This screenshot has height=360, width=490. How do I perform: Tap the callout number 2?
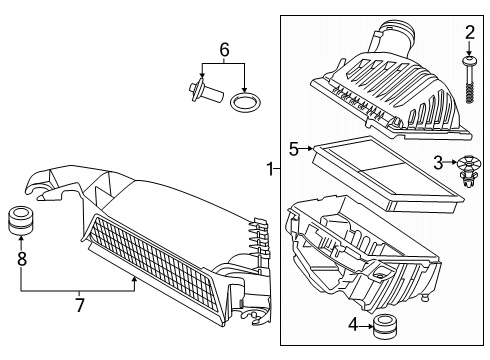point(468,37)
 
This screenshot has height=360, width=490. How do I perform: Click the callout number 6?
point(224,49)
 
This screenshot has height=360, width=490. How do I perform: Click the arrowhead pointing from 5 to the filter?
point(312,150)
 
